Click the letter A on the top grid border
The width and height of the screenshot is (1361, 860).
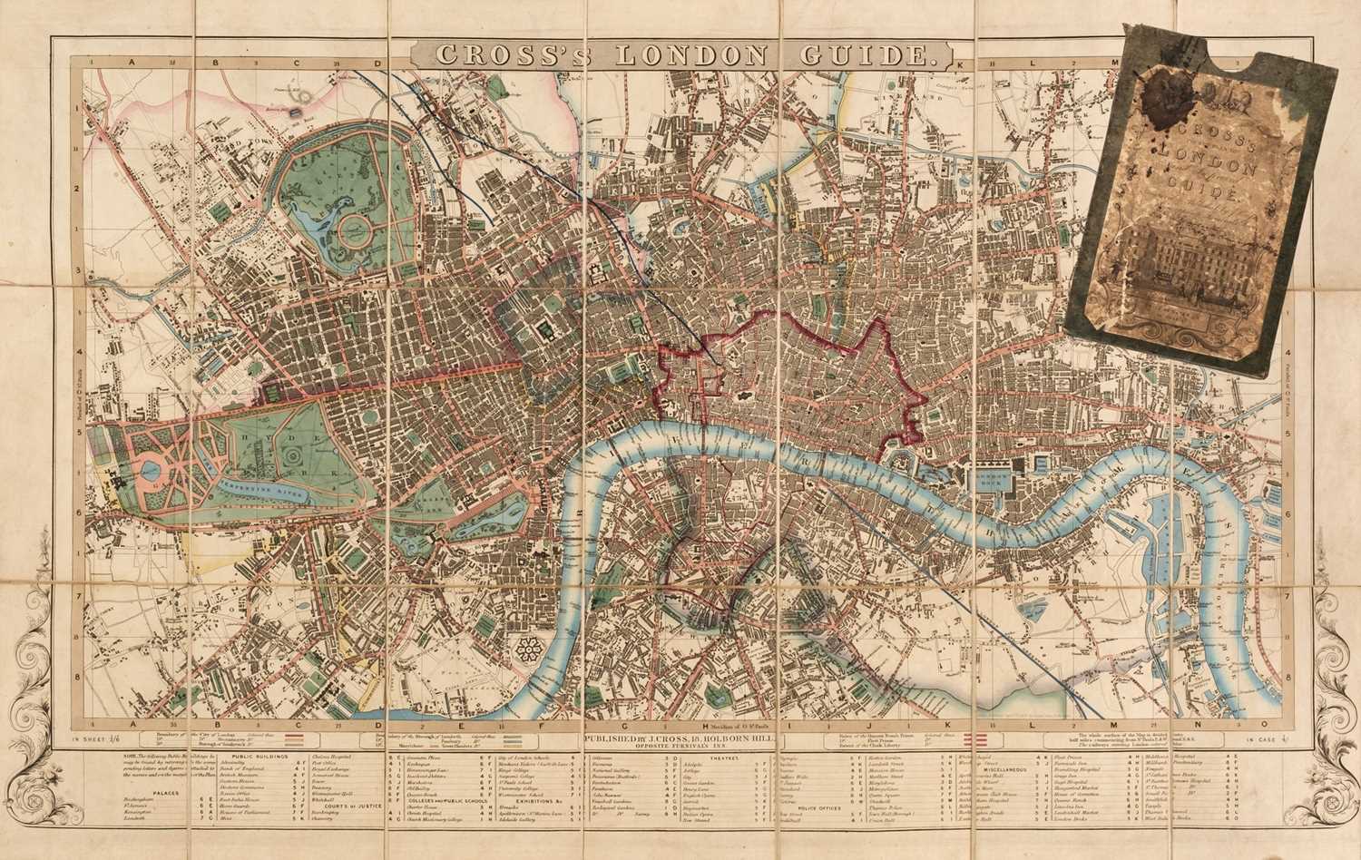point(131,64)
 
